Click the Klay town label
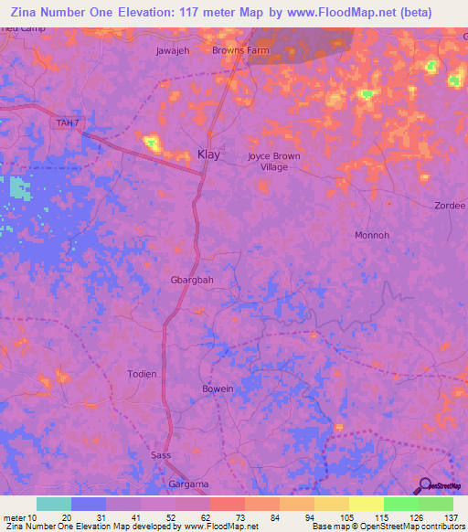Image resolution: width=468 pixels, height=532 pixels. [x=208, y=155]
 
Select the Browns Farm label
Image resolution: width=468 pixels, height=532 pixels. [x=240, y=51]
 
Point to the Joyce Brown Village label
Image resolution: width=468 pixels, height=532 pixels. [x=273, y=161]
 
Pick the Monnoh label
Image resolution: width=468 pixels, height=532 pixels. [x=372, y=235]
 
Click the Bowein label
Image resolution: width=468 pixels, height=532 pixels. [x=218, y=389]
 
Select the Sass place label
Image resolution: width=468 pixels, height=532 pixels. [x=160, y=454]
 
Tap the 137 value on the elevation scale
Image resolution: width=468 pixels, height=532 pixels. [x=451, y=516]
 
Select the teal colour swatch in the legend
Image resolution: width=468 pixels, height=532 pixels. [x=53, y=504]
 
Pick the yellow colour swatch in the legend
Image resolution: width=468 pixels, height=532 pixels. [x=366, y=504]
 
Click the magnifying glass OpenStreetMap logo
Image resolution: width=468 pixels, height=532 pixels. [x=424, y=485]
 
